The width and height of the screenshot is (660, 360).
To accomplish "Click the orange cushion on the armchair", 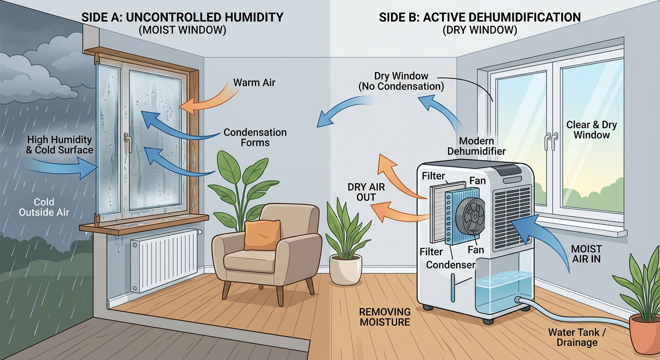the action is tap(262, 235).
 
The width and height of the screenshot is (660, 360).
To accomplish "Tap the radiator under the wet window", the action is tap(165, 261).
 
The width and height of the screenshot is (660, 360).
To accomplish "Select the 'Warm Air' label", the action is tap(254, 82).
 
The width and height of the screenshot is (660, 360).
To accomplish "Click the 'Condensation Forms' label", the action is tap(255, 137).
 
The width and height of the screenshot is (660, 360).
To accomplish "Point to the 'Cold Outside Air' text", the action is tap(44, 207).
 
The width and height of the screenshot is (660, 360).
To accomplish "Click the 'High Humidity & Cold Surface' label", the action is tap(60, 145).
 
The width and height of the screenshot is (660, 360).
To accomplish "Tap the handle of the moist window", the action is tap(128, 142).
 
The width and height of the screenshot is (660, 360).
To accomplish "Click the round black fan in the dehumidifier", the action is tap(470, 217).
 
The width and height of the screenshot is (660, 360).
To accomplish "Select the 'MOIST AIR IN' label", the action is tap(586, 254).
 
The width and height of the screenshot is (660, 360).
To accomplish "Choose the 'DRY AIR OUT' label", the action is tap(366, 192).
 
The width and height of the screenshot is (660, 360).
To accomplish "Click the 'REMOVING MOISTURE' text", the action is tap(385, 317).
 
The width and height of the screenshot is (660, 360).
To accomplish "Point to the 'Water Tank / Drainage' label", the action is tap(577, 337).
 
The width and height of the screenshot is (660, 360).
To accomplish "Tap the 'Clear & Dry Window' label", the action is tap(592, 130).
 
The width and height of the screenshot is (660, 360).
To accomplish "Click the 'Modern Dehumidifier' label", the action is tap(476, 146).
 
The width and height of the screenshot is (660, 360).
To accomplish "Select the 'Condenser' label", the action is tap(450, 265).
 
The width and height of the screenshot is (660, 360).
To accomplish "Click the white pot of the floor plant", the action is tap(345, 269).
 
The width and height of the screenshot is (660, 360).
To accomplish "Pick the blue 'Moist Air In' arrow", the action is tap(545, 239).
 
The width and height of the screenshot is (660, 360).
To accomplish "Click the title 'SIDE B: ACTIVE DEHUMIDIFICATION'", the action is tap(480, 17).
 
